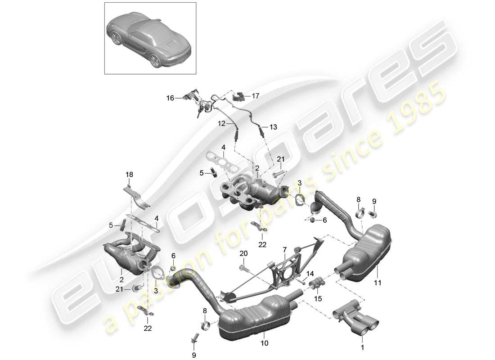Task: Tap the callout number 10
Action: pyautogui.click(x=265, y=343)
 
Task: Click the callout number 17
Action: pyautogui.click(x=256, y=95)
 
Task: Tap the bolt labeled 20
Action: pyautogui.click(x=244, y=269)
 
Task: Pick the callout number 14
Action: pyautogui.click(x=310, y=273)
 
